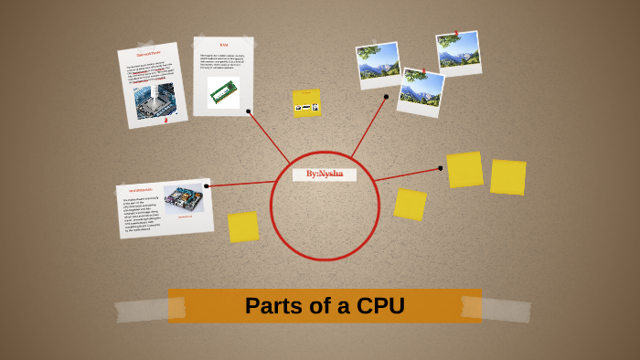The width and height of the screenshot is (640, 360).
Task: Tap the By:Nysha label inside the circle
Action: pyautogui.click(x=325, y=174)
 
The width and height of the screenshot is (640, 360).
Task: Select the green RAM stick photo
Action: pyautogui.click(x=223, y=92)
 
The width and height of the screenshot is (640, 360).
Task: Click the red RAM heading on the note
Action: pyautogui.click(x=224, y=45)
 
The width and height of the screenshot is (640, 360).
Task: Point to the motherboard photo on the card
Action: pyautogui.click(x=184, y=199)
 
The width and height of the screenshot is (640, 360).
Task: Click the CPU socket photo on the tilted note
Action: pyautogui.click(x=154, y=101)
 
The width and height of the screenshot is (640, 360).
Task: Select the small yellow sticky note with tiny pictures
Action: pyautogui.click(x=306, y=103)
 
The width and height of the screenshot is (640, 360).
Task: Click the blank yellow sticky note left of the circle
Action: pyautogui.click(x=243, y=227)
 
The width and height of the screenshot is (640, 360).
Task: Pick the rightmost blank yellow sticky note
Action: pyautogui.click(x=507, y=177)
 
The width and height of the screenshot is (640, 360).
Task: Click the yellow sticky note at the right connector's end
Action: pyautogui.click(x=464, y=170)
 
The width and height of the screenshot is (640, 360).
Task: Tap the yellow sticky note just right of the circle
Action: pyautogui.click(x=410, y=205)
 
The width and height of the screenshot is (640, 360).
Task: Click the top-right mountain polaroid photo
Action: pyautogui.click(x=458, y=53)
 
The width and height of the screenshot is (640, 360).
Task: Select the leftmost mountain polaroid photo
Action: pyautogui.click(x=379, y=64)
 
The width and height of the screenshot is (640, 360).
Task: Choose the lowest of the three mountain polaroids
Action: pyautogui.click(x=421, y=91)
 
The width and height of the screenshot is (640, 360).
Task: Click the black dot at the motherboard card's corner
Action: pyautogui.click(x=207, y=186)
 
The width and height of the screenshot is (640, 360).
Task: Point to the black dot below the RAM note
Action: pyautogui.click(x=249, y=111)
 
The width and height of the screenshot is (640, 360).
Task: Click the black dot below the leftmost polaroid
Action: pyautogui.click(x=386, y=96)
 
